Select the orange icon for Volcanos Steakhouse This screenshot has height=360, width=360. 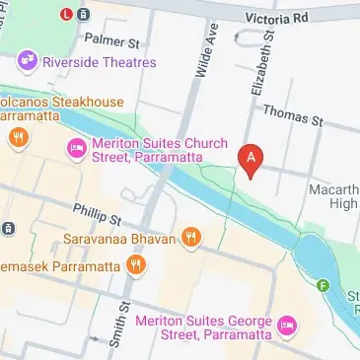[x=16, y=138]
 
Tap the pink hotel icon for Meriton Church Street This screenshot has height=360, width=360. [x=75, y=149]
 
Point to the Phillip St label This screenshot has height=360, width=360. [x=98, y=214]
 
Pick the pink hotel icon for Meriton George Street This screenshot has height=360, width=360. [x=287, y=324]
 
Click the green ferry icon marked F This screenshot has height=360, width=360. [x=322, y=287]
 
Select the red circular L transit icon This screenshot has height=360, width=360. [x=65, y=14]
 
